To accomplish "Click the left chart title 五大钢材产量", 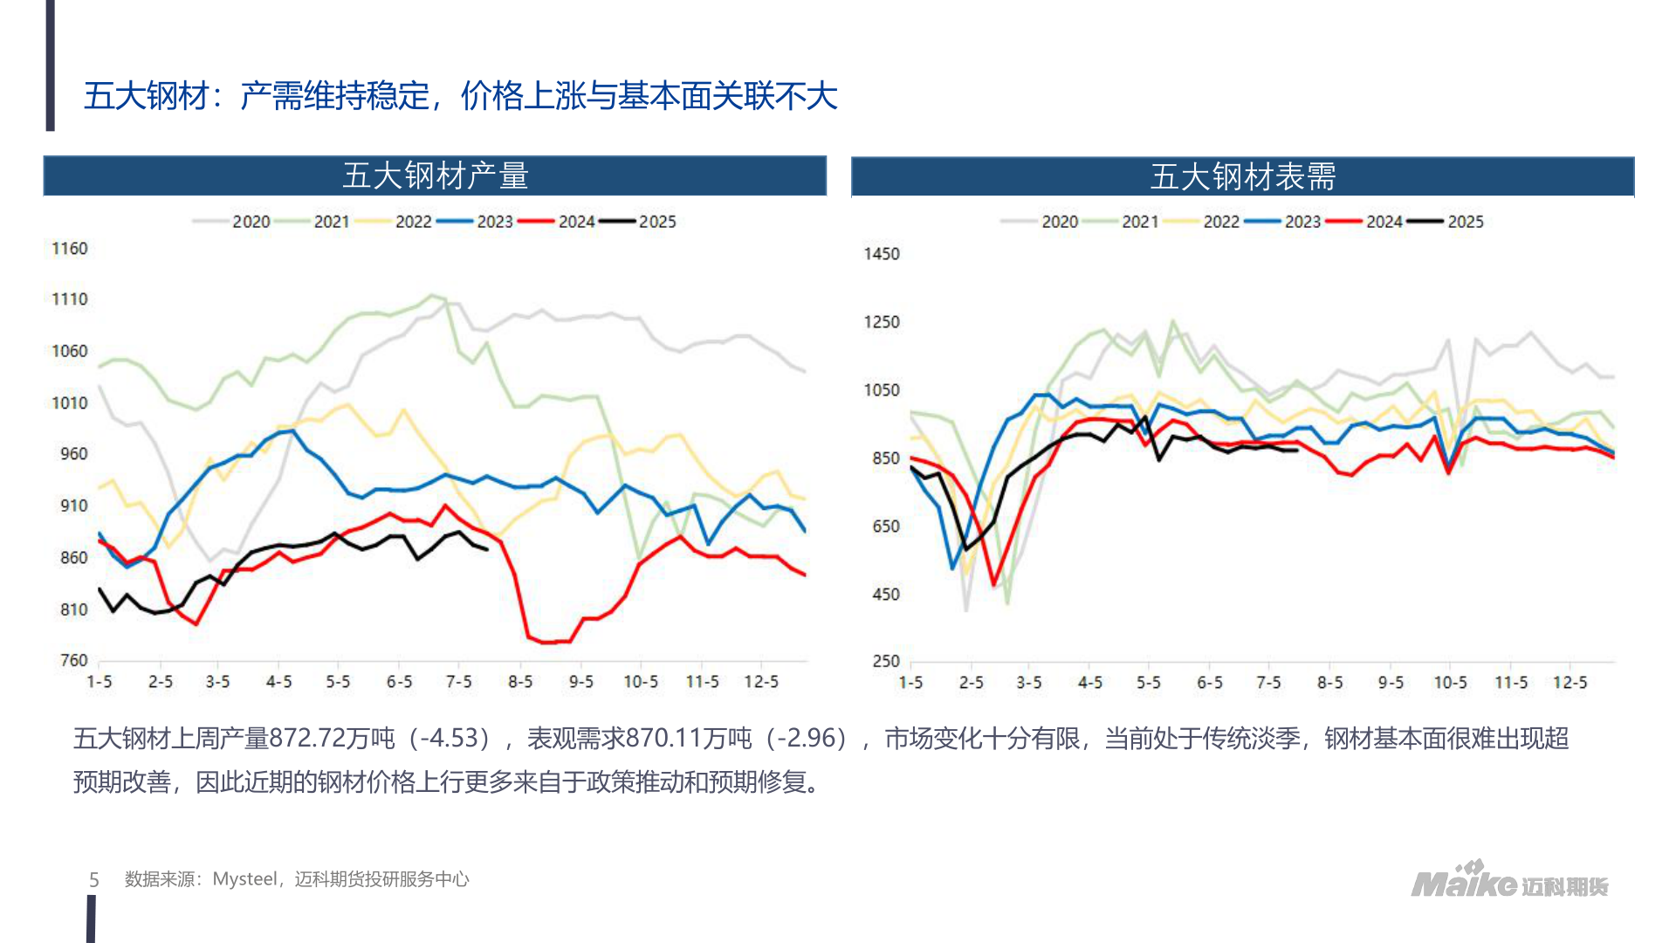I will coord(435,176).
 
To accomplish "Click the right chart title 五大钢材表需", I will coord(1242,177).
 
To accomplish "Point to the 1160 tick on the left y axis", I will coord(70,249).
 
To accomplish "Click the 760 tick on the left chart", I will coord(73,661).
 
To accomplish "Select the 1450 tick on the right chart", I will coord(882,254).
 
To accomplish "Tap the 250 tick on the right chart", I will coord(886,661).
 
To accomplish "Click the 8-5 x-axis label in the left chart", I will coord(520,682).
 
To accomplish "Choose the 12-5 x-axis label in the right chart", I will coord(1570,683).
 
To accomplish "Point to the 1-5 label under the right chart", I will coord(910,683).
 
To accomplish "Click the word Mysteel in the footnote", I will coord(245,879).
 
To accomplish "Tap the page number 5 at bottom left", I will coord(94,880).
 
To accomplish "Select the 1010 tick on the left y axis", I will coord(70,403).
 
